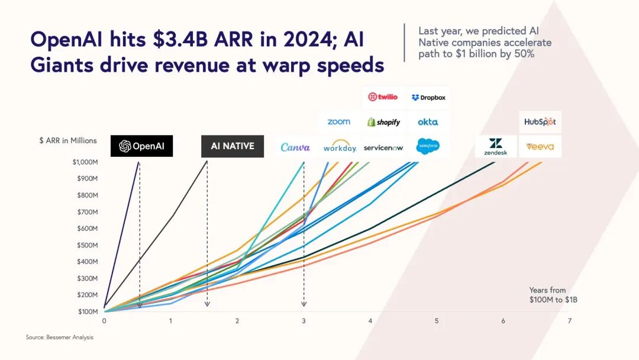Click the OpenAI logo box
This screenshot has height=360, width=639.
141,146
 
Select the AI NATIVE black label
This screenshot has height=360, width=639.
233,146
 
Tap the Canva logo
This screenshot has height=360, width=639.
295,147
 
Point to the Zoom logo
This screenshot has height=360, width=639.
338,122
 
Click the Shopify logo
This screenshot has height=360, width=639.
383,122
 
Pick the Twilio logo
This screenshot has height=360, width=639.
383,97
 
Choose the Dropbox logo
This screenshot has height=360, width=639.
428,97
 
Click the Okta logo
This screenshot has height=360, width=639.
428,122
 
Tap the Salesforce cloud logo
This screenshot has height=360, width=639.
428,146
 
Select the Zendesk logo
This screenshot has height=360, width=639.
495,146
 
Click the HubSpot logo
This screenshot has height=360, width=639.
540,122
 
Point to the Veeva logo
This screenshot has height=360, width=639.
540,146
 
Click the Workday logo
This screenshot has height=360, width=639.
340,147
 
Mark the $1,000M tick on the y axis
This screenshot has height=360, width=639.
85,162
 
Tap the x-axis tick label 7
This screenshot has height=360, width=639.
570,321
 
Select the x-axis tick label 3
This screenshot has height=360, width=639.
304,321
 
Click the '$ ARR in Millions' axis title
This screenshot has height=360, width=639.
67,140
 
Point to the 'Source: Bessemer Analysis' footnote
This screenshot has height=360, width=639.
59,337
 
